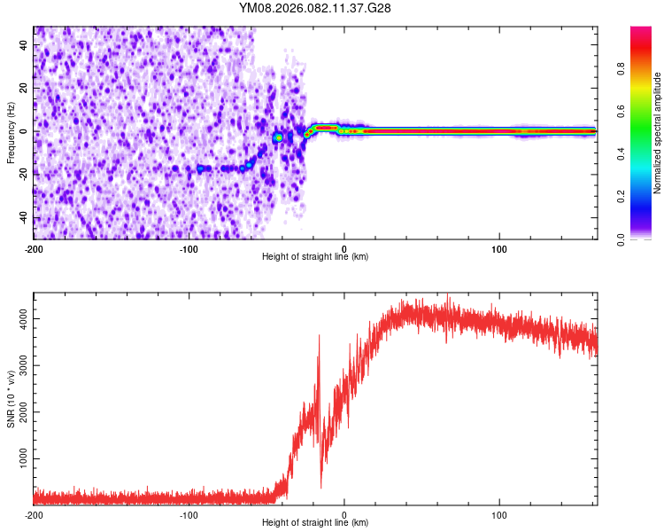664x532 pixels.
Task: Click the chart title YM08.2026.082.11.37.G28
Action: point(315,7)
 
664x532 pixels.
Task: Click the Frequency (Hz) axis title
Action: point(11,133)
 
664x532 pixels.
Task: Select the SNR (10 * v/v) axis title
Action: point(11,401)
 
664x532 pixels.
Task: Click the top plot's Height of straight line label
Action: point(315,256)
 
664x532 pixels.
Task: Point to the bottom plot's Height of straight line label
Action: point(315,522)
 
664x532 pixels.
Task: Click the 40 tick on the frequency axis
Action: point(24,44)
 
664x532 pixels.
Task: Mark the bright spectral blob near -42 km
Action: point(278,137)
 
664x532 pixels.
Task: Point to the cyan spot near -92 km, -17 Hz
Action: point(201,168)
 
